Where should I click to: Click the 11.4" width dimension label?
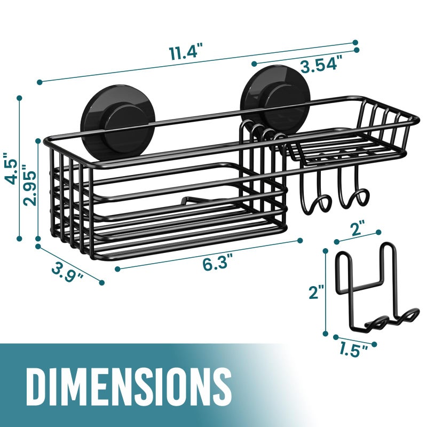187,53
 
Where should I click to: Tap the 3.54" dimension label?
321,65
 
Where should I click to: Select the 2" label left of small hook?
317,292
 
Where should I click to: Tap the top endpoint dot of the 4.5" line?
20,98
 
